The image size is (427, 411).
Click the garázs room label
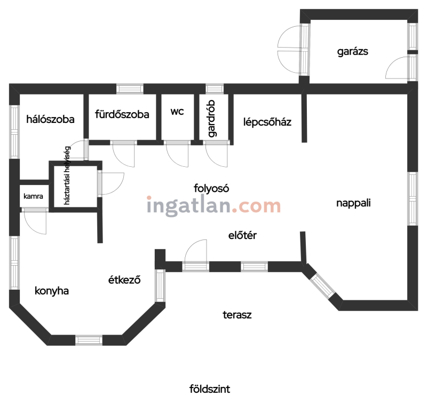pos(352,51)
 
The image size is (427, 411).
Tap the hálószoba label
pos(50,119)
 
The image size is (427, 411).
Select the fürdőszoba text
pos(122,114)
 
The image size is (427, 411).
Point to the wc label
pos(177,111)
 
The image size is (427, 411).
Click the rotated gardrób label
pos(211,118)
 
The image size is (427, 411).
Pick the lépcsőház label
pos(267,122)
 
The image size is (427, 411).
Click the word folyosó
pos(211,188)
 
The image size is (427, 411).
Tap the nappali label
pos(353,203)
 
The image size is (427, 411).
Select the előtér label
pos(242,235)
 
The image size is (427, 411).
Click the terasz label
pos(237,315)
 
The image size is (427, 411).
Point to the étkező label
pos(124,280)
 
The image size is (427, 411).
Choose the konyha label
pos(51,291)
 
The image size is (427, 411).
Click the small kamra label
pos(33,196)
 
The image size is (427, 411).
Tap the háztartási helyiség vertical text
pos(67,175)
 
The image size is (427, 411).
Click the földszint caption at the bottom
pos(210,389)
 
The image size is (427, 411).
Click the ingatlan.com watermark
pos(214,206)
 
